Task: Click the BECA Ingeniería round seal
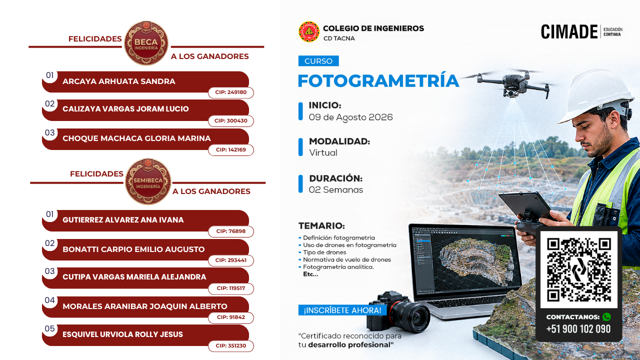(146, 43)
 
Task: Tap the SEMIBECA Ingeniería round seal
(148, 181)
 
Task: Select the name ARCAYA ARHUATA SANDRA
(119, 81)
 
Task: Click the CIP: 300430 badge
(231, 120)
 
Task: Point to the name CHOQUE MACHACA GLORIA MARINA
(136, 138)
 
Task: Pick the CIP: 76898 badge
(231, 231)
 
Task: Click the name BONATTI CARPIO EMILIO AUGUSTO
(133, 249)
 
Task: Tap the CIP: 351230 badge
(231, 345)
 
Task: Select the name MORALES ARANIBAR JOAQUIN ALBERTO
(145, 306)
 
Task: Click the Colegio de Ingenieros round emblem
(309, 31)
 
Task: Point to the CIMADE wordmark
(569, 31)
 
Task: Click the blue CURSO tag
(318, 61)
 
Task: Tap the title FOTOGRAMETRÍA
(378, 80)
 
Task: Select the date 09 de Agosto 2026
(351, 117)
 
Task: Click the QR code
(579, 269)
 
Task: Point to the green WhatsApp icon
(606, 317)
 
